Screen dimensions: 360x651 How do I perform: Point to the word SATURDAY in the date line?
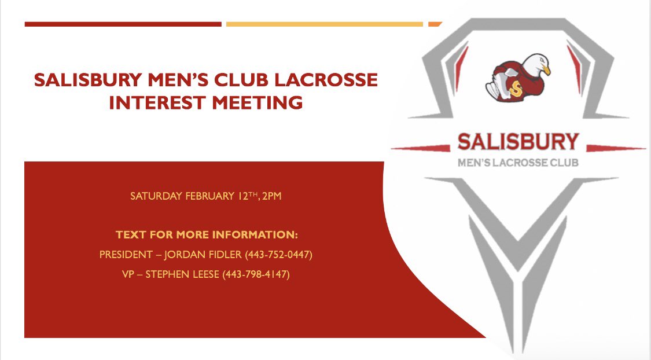click(157, 196)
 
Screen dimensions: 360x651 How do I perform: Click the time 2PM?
click(271, 196)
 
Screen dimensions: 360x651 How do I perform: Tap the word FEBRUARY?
click(209, 196)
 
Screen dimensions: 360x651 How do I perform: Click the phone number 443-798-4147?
click(256, 274)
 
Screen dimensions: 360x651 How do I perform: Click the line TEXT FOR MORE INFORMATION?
click(207, 236)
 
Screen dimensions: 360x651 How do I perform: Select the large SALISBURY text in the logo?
click(518, 142)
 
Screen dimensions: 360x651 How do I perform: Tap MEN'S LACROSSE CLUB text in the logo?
click(518, 163)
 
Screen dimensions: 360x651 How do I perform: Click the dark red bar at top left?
click(123, 24)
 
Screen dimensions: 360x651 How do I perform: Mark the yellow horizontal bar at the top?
click(324, 24)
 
